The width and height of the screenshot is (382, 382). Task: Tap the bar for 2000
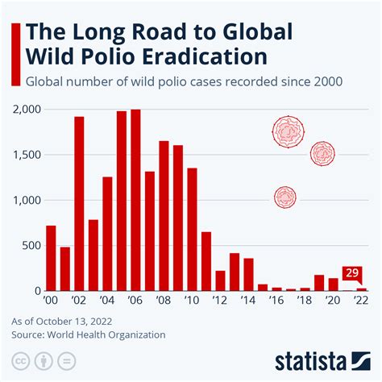[52, 258]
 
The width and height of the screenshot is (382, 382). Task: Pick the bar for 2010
[192, 229]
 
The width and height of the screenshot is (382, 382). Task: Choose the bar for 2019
[319, 283]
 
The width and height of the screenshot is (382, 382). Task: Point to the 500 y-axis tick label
[32, 245]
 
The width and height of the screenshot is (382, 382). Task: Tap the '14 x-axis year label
[248, 301]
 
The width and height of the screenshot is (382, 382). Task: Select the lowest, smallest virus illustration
[285, 196]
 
